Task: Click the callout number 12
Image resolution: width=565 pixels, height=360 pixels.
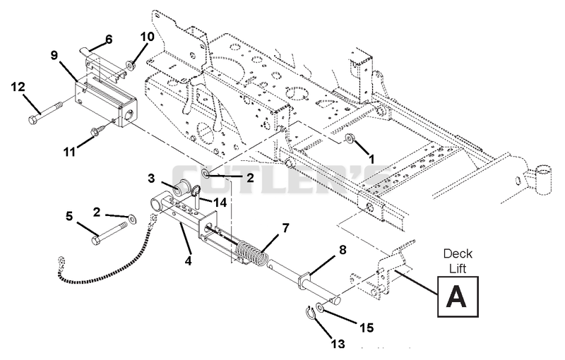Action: tap(18, 87)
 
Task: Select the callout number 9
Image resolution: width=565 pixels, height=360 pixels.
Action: tap(54, 56)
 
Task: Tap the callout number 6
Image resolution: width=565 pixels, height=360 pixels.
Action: tap(109, 39)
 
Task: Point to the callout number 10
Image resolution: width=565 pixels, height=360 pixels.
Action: tap(147, 37)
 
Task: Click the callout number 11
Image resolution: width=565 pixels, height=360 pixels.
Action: tap(69, 152)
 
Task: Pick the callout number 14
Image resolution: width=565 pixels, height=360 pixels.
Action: tap(220, 203)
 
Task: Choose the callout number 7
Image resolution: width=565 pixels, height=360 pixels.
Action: tap(285, 227)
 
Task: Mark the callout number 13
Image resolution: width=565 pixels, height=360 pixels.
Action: tap(338, 344)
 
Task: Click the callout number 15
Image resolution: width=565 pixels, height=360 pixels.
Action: tap(366, 328)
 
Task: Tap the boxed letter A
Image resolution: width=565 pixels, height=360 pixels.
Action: tap(458, 296)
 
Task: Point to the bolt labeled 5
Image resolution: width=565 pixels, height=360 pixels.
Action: tap(109, 233)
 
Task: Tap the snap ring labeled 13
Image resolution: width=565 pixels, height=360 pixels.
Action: tap(311, 312)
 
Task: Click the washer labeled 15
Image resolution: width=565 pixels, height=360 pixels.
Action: tap(321, 307)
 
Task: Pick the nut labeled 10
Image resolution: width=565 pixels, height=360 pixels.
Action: tap(130, 66)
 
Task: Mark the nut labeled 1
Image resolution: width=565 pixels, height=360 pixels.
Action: tap(349, 138)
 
